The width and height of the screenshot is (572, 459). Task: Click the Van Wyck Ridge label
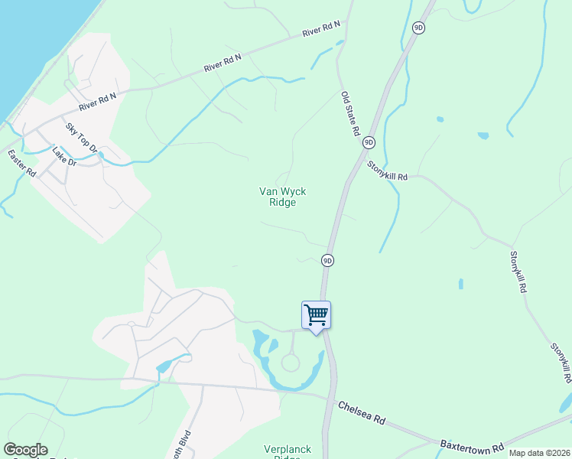click(x=278, y=197)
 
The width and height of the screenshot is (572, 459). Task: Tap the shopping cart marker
click(x=316, y=315)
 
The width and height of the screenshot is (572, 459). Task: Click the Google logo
click(x=25, y=450)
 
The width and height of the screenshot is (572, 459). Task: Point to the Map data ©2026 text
click(x=539, y=453)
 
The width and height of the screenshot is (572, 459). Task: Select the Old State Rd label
click(x=350, y=113)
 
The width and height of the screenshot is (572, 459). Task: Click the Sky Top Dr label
click(x=81, y=137)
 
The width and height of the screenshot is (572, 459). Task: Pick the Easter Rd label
click(x=22, y=164)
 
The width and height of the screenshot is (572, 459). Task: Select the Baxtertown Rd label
click(x=472, y=444)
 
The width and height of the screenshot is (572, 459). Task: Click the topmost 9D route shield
click(x=418, y=28)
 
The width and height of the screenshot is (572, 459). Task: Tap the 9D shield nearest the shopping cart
click(x=327, y=260)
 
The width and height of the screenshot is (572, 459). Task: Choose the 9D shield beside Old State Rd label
click(x=369, y=142)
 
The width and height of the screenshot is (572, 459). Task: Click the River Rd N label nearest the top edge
click(x=320, y=29)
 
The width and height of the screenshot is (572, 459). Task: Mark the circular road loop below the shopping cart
click(x=291, y=363)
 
